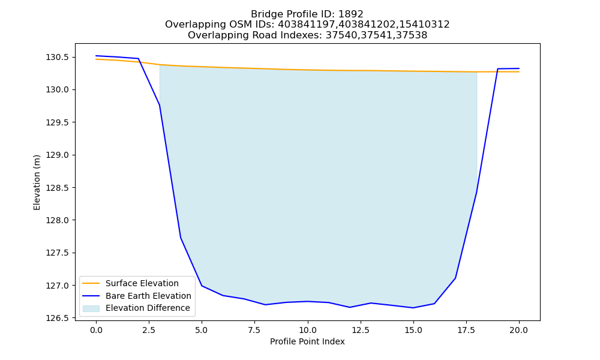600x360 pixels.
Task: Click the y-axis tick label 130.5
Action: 58,58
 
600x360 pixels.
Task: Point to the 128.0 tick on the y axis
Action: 58,220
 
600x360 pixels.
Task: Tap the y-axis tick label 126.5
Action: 58,318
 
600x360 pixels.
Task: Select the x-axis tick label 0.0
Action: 96,330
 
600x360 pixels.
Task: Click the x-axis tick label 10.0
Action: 308,330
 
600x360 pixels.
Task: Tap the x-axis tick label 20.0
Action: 519,330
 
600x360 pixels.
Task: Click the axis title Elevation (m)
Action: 37,182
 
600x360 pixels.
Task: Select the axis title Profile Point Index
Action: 307,341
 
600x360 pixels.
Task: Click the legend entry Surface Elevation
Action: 142,283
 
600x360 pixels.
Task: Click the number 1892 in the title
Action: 351,14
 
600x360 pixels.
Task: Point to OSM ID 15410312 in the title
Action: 425,25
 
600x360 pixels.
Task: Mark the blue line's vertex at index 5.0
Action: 202,286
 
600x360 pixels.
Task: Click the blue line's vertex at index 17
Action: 455,278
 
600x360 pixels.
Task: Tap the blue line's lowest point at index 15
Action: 413,308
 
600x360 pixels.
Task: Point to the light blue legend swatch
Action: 91,308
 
